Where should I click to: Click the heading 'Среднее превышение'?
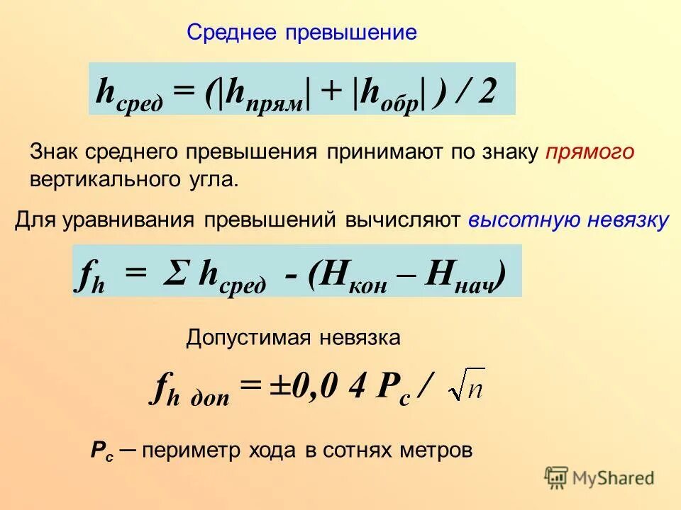click(301, 33)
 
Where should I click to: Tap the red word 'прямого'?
click(590, 152)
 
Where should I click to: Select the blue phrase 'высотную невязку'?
click(568, 220)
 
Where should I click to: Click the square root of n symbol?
click(466, 385)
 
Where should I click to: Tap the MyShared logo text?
click(612, 478)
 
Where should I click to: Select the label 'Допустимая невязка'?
click(294, 338)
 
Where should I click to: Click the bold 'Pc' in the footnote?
click(100, 450)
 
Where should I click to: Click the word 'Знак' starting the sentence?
click(55, 152)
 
